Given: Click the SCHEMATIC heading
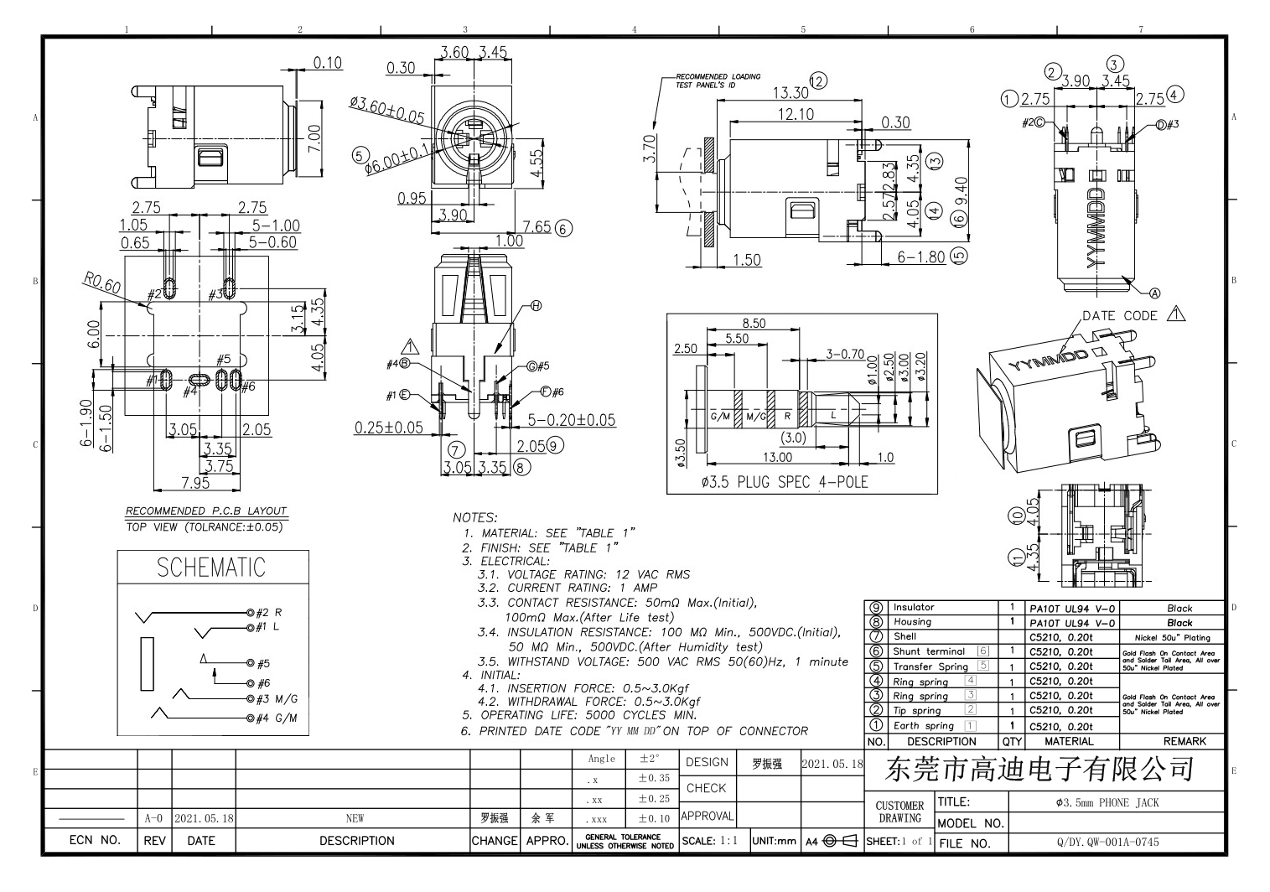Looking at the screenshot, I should [x=211, y=568].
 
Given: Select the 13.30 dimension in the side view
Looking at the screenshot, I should [x=791, y=93].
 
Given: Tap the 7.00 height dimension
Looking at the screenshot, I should [x=314, y=137].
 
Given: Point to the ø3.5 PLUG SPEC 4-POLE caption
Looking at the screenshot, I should [x=784, y=483].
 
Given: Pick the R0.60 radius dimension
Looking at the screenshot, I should [x=101, y=283].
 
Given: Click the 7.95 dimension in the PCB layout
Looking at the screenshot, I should [x=195, y=483].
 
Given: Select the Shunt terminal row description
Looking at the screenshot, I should [x=929, y=651].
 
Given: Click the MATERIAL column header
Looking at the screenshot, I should [x=1069, y=741].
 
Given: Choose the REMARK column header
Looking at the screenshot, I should [x=1184, y=741].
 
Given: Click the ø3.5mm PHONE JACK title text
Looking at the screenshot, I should [x=1107, y=803].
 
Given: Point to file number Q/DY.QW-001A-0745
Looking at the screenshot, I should [x=1107, y=842].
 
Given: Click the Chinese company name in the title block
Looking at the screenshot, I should [x=1039, y=769].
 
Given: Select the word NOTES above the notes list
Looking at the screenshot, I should [x=475, y=518].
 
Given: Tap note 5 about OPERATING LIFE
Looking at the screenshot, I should [x=579, y=715].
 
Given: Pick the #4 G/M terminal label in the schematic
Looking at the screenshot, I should [x=276, y=718].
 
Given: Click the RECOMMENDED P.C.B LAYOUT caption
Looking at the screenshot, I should [x=206, y=511].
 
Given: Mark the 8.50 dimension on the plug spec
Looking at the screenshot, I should [x=753, y=324].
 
